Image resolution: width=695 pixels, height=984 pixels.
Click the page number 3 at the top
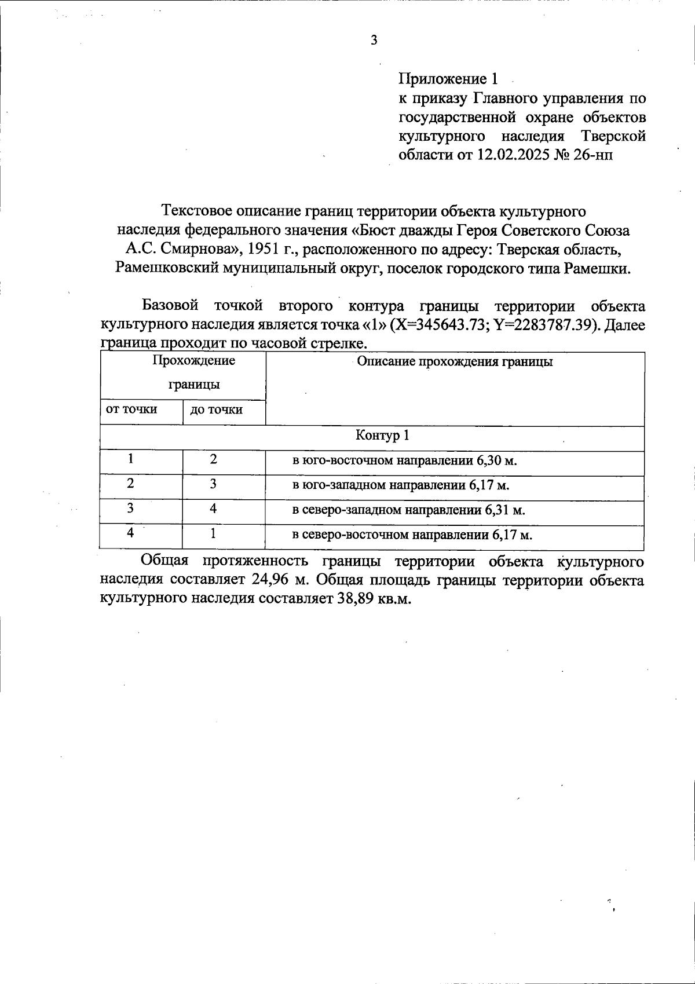coord(374,40)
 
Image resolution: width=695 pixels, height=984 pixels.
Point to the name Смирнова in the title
coord(200,250)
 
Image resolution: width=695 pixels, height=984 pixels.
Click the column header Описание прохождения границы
coord(455,362)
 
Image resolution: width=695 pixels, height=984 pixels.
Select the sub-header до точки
coord(216,410)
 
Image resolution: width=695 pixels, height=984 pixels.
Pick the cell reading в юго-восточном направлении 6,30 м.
coord(404,461)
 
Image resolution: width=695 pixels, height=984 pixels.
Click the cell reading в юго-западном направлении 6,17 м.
coord(400,485)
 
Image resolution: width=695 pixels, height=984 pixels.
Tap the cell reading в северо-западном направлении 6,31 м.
coord(408,510)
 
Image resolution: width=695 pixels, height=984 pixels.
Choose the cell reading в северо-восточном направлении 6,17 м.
coord(412,535)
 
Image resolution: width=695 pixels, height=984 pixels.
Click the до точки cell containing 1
coord(213,533)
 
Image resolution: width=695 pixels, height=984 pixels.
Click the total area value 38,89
coord(355,599)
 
